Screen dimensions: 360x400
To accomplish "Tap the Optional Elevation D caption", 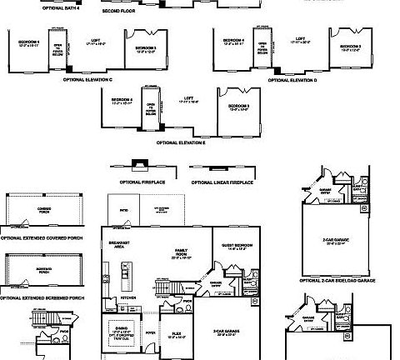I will (x=292, y=80).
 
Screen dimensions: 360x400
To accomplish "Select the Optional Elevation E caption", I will (x=181, y=143).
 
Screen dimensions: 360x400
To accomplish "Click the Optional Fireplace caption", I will (x=142, y=182).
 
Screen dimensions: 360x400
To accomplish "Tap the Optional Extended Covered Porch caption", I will (x=42, y=238).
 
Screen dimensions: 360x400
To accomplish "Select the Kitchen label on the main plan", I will (x=129, y=297).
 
